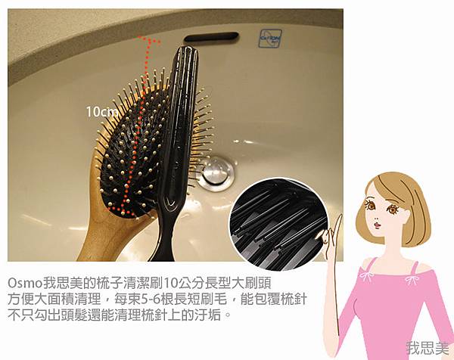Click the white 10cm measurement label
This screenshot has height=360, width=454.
(x=102, y=112)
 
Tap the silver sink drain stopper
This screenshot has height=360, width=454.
(x=217, y=171)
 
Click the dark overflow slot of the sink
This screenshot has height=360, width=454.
(x=211, y=37)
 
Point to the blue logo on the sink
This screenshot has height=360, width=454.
(x=269, y=39)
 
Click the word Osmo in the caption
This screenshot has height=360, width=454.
(x=25, y=284)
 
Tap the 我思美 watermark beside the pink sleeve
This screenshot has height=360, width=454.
(x=428, y=348)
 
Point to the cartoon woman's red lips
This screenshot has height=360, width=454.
(x=377, y=225)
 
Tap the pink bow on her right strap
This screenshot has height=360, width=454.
(x=411, y=279)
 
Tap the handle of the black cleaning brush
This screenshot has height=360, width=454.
(x=164, y=231)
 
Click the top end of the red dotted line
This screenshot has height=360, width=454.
(x=139, y=37)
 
